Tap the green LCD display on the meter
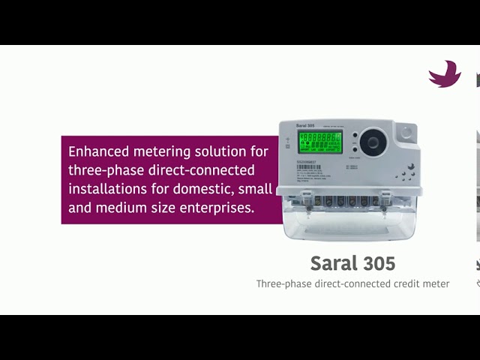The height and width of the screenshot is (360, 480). tap(319, 142)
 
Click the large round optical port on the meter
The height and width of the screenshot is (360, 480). tap(372, 142)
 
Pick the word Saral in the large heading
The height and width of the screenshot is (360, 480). tap(334, 264)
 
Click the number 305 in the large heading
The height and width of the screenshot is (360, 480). tap(376, 264)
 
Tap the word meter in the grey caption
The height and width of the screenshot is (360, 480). tap(436, 283)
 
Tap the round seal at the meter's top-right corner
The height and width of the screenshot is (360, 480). tap(406, 132)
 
